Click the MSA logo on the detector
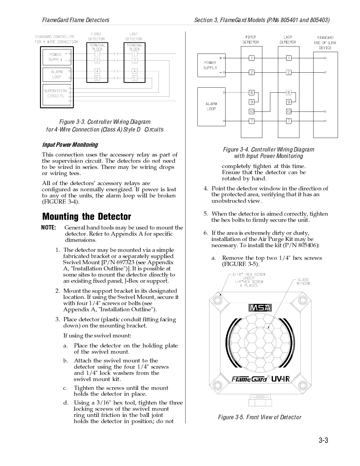[x=260, y=308]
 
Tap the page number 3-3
[x=323, y=440]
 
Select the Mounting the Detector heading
[x=86, y=217]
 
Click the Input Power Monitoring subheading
[x=70, y=145]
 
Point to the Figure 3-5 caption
[x=259, y=417]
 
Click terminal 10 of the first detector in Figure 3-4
[x=251, y=111]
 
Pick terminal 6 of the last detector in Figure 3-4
[x=289, y=93]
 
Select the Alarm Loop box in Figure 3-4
[x=211, y=106]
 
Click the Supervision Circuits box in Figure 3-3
[x=56, y=94]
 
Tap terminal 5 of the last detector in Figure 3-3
[x=134, y=78]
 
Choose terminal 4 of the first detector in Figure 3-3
[x=97, y=71]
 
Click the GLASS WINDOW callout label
[x=303, y=282]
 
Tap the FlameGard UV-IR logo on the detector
[x=260, y=379]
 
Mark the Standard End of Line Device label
[x=325, y=43]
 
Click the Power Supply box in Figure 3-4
[x=211, y=65]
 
